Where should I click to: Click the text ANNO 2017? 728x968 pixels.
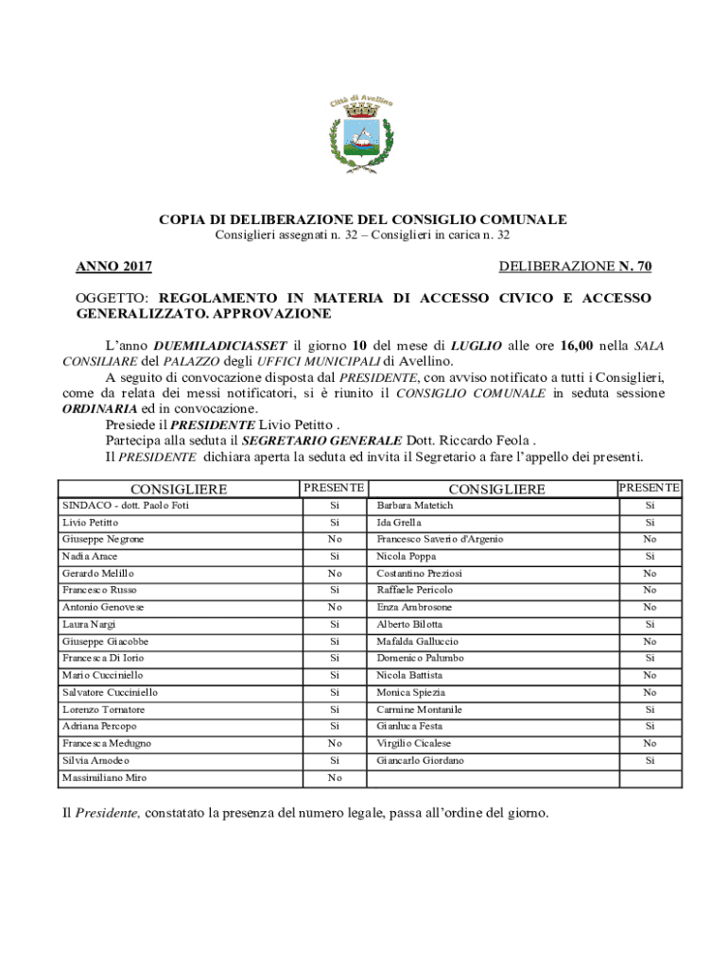(x=114, y=268)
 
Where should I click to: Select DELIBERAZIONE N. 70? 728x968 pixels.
(x=575, y=268)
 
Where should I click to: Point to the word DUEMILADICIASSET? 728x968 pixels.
(x=221, y=346)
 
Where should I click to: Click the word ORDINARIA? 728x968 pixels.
(x=99, y=408)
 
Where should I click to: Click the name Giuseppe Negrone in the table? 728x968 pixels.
(x=103, y=539)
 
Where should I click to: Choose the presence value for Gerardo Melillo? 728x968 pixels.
(x=334, y=573)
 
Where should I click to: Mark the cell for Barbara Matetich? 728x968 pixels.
(x=415, y=506)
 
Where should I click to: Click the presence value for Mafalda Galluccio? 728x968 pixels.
(x=649, y=641)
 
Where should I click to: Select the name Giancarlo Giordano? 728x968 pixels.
(x=421, y=760)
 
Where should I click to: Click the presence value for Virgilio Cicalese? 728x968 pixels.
(x=649, y=743)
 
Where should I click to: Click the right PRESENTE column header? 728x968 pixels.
(x=649, y=488)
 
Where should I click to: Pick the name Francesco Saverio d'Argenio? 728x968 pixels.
(x=440, y=539)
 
